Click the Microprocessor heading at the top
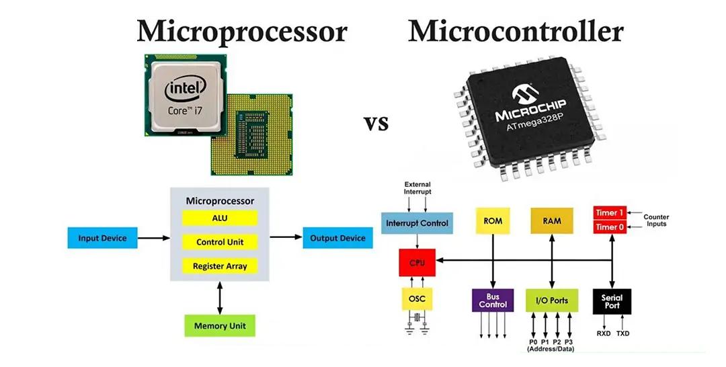coord(242,32)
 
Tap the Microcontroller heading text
coord(516,32)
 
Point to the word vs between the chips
coord(376,124)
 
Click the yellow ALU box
coord(220,218)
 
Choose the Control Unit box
coord(220,242)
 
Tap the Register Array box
coord(220,266)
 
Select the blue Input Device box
coord(102,238)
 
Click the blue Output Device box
coord(337,238)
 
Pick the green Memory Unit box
coord(220,326)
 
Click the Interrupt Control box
coord(417,222)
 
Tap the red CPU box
coord(417,262)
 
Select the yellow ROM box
coord(493,221)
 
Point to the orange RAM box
coord(551,221)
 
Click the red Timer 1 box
coord(609,213)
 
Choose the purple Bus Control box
coord(493,300)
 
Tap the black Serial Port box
coord(612,300)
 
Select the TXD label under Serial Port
coord(623,333)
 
